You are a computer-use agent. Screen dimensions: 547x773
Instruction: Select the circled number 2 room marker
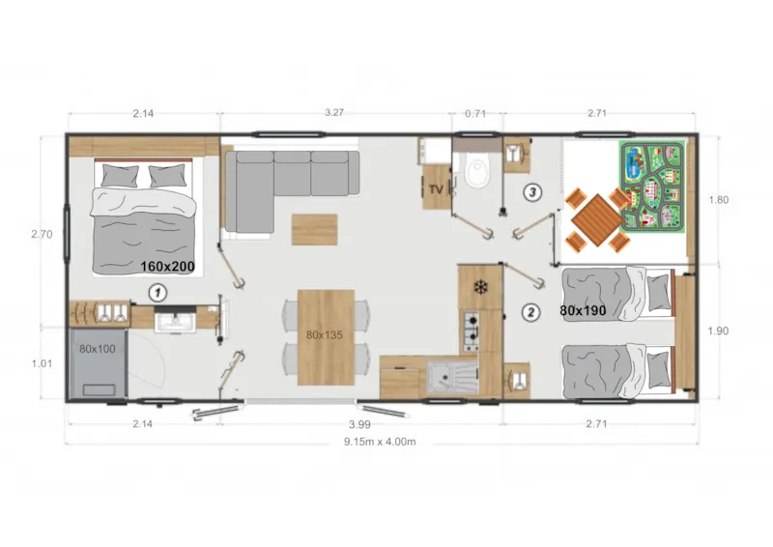tap(530, 312)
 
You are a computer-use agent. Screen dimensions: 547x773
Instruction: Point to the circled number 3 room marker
tap(531, 191)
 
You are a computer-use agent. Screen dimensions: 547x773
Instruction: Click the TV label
tap(435, 190)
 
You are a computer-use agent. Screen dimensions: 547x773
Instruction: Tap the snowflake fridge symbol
tap(479, 287)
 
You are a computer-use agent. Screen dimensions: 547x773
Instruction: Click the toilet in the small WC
tap(477, 174)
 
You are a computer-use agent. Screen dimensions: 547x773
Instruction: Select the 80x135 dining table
tap(326, 335)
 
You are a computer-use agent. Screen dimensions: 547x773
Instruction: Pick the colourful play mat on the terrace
tap(652, 186)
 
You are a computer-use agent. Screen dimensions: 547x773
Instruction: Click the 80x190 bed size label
tap(582, 311)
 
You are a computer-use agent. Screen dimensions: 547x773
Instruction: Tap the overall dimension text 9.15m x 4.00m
tap(380, 443)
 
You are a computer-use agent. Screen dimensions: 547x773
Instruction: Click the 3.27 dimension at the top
tap(334, 112)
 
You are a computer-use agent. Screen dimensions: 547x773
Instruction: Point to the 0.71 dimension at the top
tap(476, 112)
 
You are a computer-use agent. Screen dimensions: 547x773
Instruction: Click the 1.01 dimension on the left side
tap(41, 364)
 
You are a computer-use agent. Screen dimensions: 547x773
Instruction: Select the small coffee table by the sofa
tap(315, 228)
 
